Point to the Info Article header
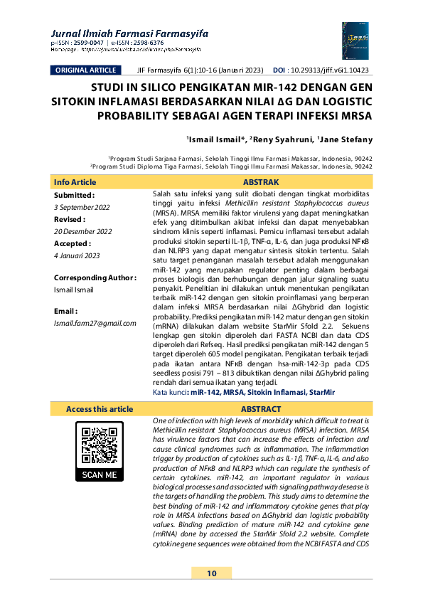click(x=75, y=182)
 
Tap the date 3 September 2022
click(x=82, y=206)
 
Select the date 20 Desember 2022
click(x=83, y=231)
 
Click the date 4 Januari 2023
click(x=77, y=256)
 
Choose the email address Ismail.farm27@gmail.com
click(x=95, y=323)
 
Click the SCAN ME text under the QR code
click(x=100, y=475)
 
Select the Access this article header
click(x=99, y=409)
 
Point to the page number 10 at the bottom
click(x=211, y=573)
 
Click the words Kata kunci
click(x=169, y=392)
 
